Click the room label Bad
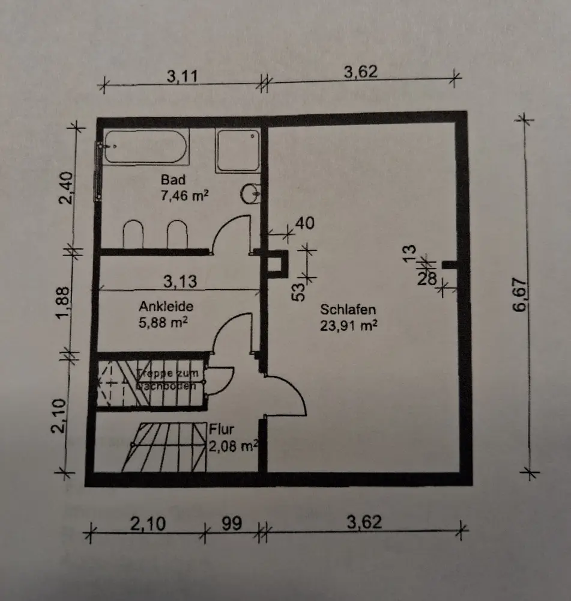tap(173, 179)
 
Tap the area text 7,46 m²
tap(184, 195)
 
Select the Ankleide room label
tap(166, 306)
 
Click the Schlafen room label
tap(348, 310)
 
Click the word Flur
tap(222, 430)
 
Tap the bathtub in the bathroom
tap(145, 147)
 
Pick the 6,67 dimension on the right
tap(520, 294)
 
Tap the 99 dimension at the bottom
tap(231, 523)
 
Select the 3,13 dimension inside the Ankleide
tap(180, 281)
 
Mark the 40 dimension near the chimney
tap(305, 223)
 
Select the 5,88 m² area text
tap(164, 322)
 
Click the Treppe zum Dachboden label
tap(171, 380)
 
